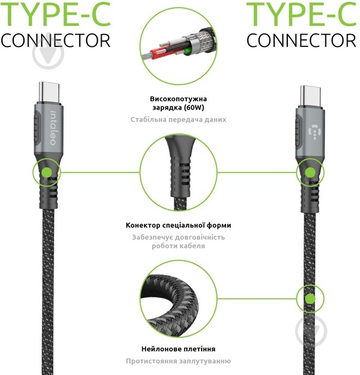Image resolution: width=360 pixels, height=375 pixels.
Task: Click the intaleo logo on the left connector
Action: (x=53, y=128)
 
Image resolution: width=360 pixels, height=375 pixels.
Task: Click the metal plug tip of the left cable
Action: (x=49, y=92)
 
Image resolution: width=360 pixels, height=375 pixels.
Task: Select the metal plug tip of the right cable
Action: (x=310, y=96)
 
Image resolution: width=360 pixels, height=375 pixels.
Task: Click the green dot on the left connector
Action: (x=46, y=172)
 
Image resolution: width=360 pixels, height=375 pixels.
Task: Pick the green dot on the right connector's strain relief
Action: (x=310, y=172)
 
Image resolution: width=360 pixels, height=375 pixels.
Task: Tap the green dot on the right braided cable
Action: (x=310, y=298)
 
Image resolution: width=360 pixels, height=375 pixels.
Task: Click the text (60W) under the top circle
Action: (x=193, y=107)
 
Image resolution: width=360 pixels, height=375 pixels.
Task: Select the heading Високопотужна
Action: (x=179, y=99)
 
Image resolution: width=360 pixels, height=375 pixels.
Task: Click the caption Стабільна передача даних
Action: (x=179, y=120)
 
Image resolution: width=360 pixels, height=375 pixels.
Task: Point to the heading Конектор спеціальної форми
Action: (x=179, y=225)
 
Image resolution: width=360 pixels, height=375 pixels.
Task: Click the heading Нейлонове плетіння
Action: (x=179, y=349)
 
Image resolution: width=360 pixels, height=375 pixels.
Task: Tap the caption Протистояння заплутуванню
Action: (x=179, y=361)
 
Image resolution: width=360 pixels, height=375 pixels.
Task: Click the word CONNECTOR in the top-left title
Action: (x=55, y=40)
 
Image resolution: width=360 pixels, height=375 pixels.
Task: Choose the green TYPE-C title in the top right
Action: (x=302, y=14)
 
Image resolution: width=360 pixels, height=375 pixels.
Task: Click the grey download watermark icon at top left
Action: (x=48, y=54)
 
